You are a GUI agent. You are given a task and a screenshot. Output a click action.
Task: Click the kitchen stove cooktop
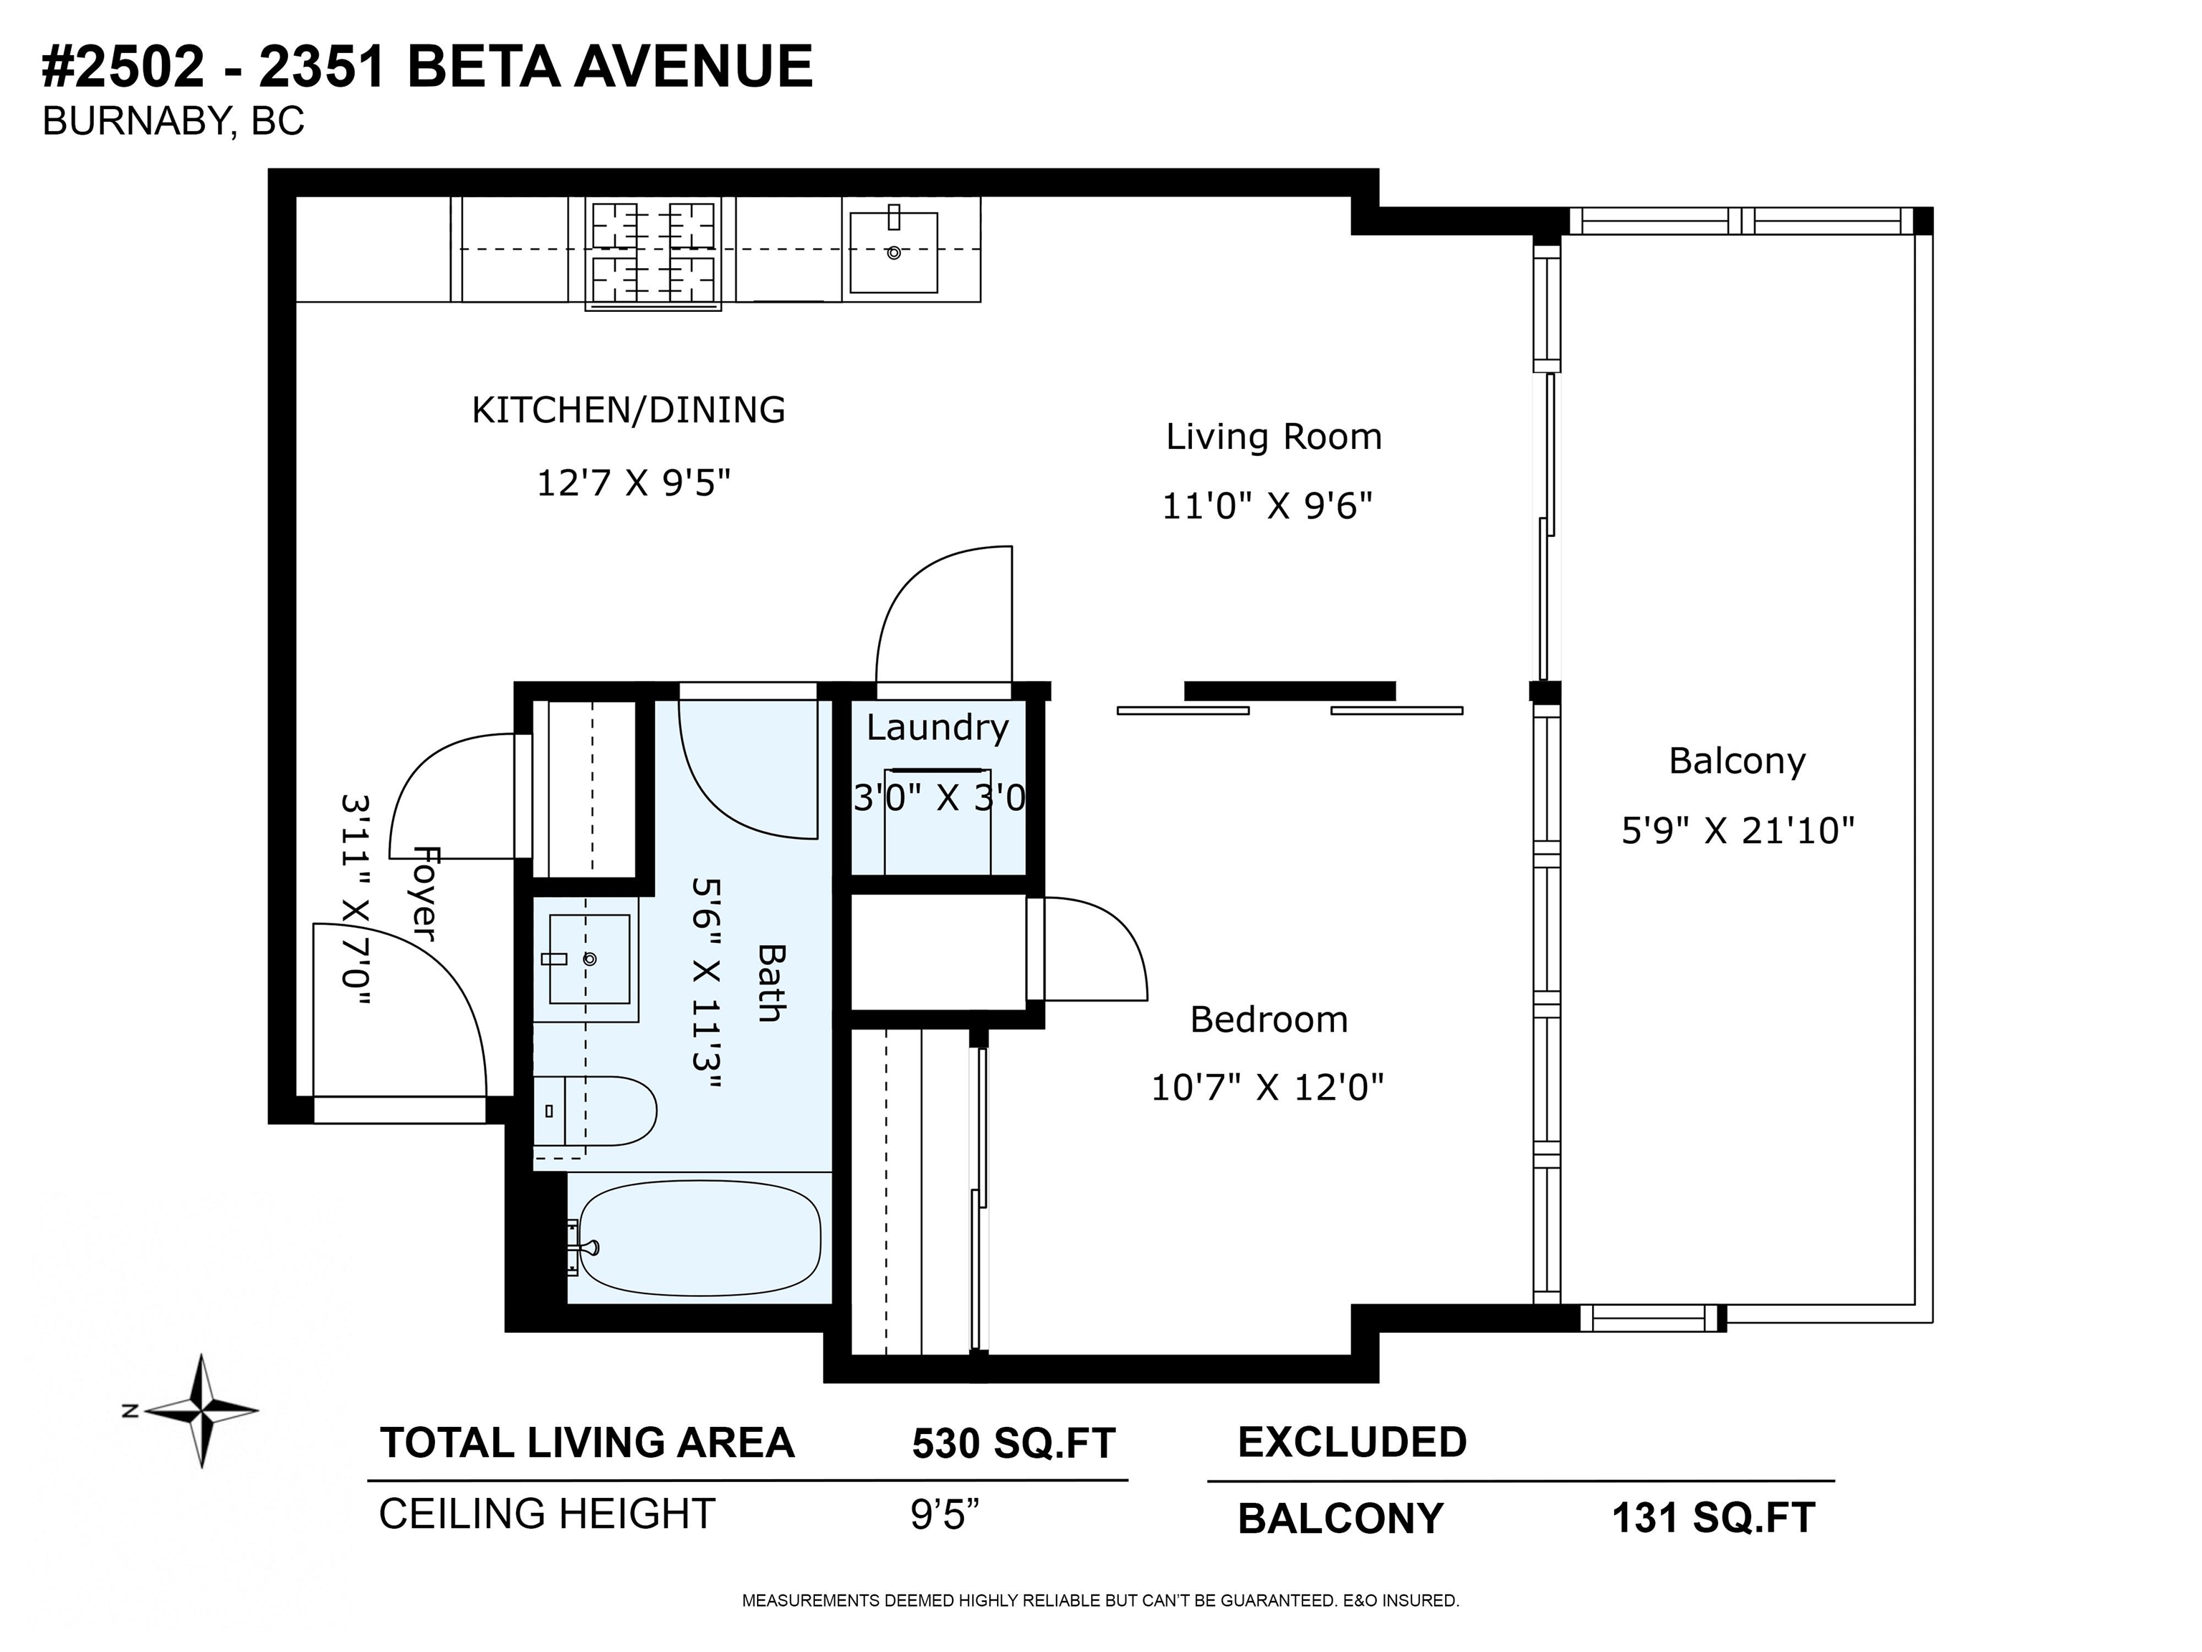point(653,253)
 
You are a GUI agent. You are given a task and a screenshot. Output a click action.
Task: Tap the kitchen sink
point(894,252)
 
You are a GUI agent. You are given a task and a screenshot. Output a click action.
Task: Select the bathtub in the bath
point(700,1238)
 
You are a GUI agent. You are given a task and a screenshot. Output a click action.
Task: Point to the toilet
point(595,1110)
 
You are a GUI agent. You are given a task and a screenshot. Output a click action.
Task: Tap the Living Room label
point(1273,437)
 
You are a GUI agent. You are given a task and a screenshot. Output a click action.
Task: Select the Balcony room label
point(1737,761)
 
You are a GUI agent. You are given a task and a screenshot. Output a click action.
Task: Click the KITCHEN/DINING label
point(628,410)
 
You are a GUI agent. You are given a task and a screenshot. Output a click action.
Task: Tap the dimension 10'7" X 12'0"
point(1268,1088)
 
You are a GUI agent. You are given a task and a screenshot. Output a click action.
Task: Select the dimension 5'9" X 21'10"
point(1738,830)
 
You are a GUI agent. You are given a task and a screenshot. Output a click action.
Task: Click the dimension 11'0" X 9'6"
point(1267,507)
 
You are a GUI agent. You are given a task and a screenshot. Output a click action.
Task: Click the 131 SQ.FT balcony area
point(1713,1519)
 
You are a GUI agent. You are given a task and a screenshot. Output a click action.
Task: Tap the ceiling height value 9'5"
point(945,1514)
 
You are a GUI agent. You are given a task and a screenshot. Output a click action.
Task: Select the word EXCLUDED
point(1352,1443)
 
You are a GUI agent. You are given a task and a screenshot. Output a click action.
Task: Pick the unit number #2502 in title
point(123,67)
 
